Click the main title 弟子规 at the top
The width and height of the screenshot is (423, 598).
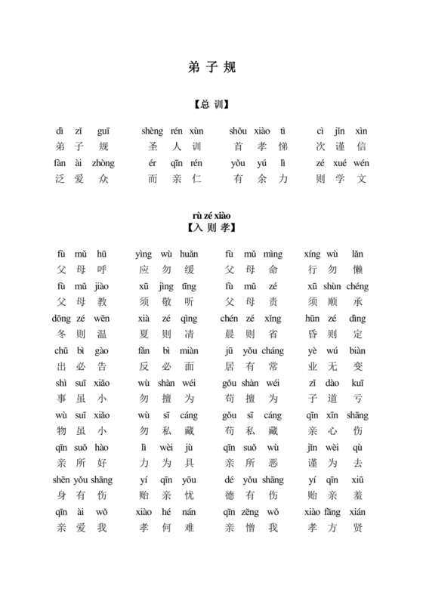pos(211,66)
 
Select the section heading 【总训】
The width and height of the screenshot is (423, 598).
pos(211,104)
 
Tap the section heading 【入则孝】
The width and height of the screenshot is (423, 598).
pos(211,227)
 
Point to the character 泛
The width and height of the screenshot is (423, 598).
pos(60,179)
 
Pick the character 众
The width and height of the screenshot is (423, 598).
pos(103,179)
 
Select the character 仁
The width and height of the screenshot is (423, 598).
pos(193,179)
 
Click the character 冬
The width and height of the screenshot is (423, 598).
pos(61,333)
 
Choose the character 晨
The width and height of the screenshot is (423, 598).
pos(230,333)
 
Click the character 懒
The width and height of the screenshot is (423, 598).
pos(358,268)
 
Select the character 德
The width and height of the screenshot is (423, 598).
pos(230,496)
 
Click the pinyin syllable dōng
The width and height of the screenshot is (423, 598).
pos(61,319)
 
